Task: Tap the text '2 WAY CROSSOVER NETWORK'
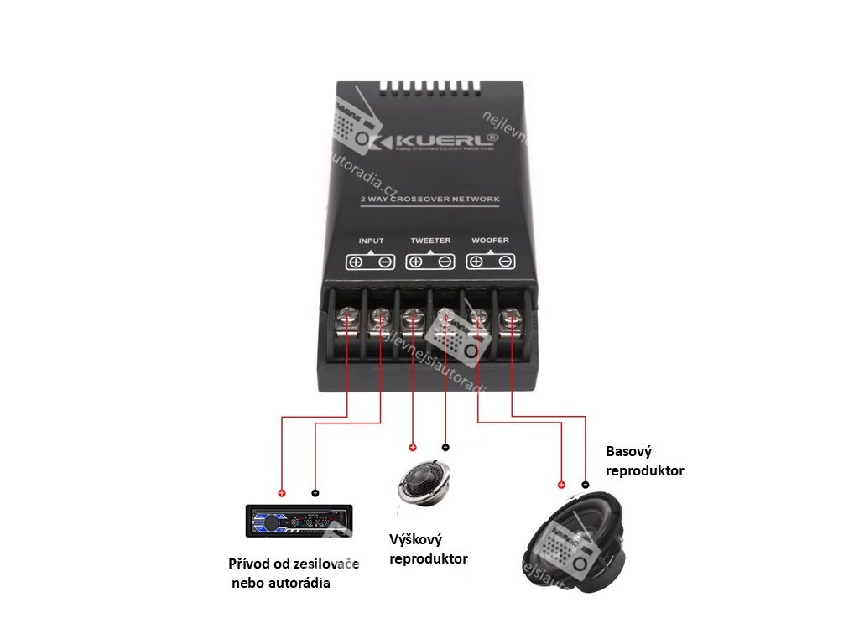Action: (429, 200)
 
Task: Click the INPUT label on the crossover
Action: (371, 241)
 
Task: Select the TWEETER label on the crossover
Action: (430, 241)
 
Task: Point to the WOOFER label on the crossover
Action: (490, 241)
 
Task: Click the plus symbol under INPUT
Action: (356, 262)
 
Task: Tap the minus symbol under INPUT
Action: (385, 262)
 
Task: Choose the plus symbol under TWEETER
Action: (415, 262)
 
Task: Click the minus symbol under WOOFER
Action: (505, 262)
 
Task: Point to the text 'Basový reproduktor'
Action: (644, 461)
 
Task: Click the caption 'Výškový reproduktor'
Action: (429, 548)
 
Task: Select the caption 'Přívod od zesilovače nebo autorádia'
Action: (293, 573)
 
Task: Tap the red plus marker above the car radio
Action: (282, 493)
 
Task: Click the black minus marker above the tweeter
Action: (445, 447)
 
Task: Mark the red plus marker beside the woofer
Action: (561, 485)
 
